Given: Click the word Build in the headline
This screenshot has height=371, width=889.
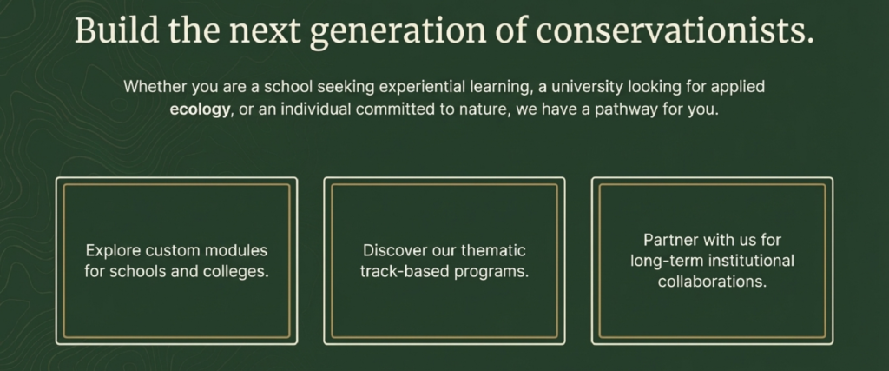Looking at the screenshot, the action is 116,30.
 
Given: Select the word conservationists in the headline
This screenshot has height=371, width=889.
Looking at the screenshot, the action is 675,31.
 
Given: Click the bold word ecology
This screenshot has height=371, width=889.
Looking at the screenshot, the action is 201,109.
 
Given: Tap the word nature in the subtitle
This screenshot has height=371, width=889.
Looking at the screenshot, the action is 485,109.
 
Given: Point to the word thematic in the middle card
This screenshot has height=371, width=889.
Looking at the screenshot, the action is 493,250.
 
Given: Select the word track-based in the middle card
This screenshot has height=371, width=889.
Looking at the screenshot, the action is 404,272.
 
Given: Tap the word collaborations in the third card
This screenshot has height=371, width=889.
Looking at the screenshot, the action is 712,282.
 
